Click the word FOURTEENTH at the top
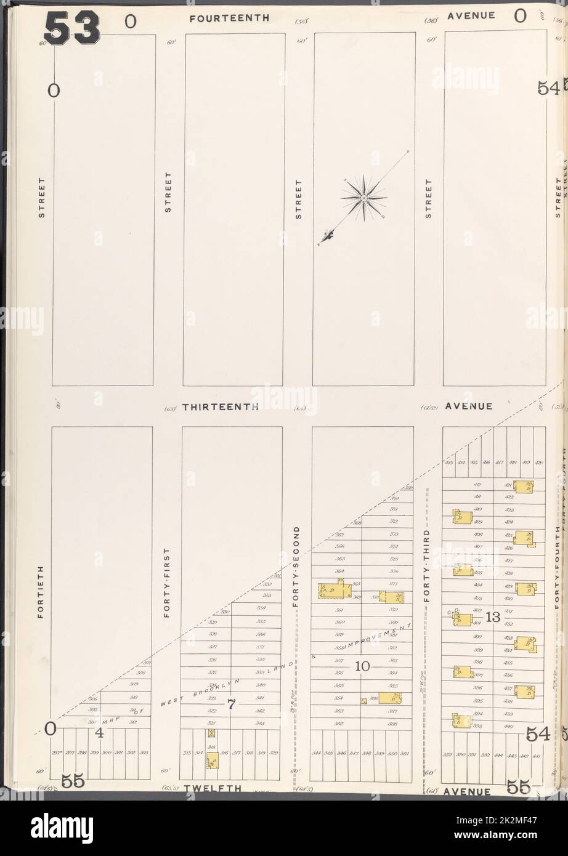click(x=229, y=18)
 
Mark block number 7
click(x=231, y=705)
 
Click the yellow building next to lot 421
click(x=523, y=487)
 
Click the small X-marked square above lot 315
click(x=212, y=733)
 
